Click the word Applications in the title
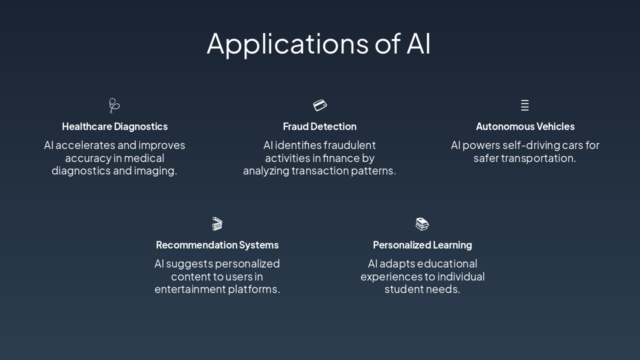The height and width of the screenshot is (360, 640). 287,43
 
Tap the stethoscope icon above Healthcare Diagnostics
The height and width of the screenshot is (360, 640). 114,105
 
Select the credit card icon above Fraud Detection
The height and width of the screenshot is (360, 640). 320,105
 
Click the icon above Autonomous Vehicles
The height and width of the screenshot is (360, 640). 524,105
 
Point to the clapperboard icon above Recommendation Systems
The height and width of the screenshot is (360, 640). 217,223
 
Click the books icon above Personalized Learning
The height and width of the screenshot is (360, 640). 422,224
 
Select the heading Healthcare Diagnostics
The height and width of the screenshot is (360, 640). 114,126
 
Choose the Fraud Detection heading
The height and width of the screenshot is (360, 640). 319,126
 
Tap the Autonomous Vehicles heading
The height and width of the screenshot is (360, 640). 525,126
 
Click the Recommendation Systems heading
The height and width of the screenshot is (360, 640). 217,245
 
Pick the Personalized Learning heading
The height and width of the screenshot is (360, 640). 422,245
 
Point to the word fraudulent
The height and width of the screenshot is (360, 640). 349,145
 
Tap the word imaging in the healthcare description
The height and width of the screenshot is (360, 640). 155,171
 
